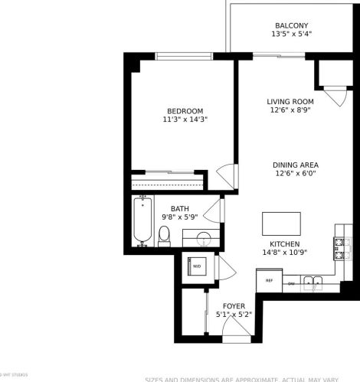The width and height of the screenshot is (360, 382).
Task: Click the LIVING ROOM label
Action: click(290, 102)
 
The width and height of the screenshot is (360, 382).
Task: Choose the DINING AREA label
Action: click(295, 165)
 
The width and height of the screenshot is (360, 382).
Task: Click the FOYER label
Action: click(234, 306)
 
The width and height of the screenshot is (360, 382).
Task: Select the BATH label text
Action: click(179, 208)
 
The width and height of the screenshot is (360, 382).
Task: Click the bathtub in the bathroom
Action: click(142, 223)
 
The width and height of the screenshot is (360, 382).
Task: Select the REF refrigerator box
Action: click(269, 281)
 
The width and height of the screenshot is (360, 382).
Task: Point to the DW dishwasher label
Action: click(291, 283)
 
